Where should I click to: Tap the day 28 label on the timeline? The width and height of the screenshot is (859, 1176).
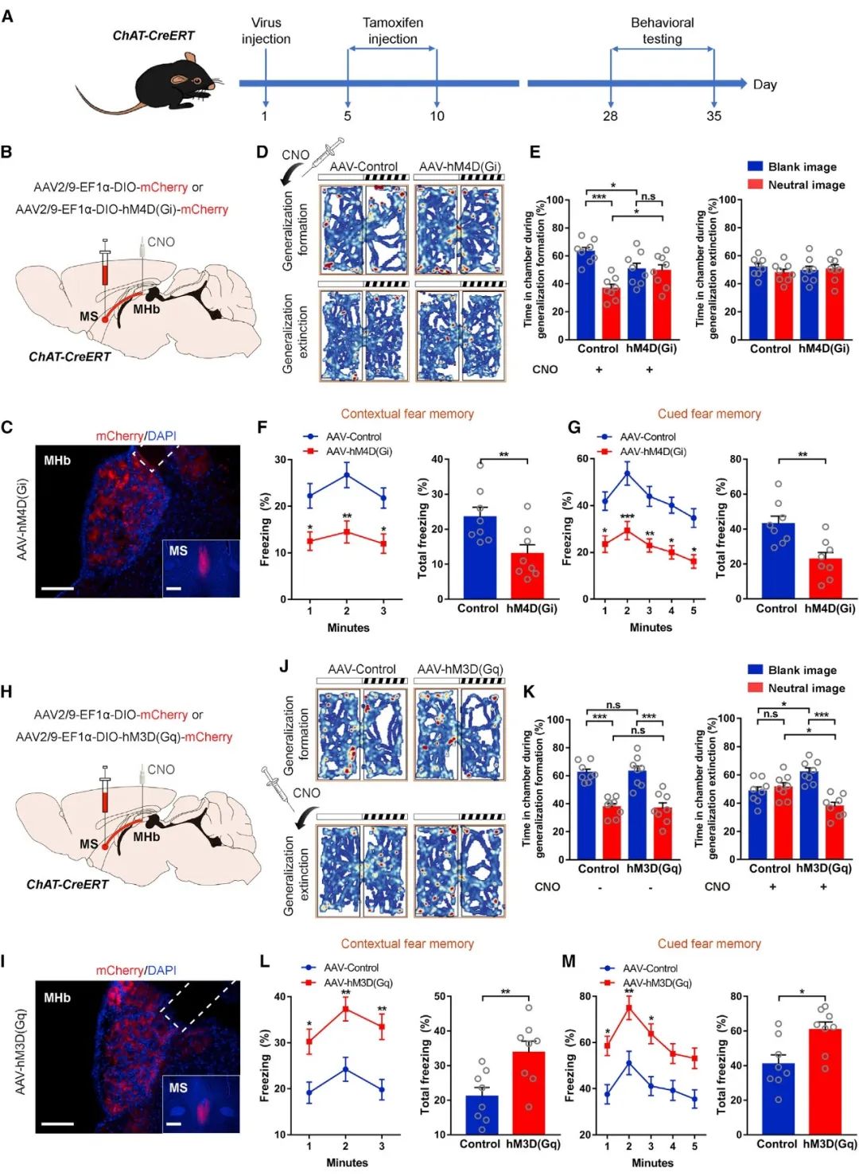point(610,116)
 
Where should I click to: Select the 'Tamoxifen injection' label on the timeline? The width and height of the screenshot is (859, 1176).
point(392,30)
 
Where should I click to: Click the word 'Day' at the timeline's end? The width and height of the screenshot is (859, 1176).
point(764,84)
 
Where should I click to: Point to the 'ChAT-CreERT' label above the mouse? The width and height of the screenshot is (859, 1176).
point(153,36)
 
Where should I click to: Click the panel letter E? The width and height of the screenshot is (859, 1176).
point(535,152)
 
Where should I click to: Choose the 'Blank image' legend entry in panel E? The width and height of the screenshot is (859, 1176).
point(802,167)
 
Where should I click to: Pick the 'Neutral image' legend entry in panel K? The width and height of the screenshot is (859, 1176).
point(806,688)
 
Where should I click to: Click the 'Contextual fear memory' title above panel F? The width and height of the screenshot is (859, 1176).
point(407,414)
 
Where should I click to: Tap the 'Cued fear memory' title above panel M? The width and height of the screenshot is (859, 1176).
point(709,944)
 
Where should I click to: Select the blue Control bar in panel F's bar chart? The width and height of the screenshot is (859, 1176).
point(480,557)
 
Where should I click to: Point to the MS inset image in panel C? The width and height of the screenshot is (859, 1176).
point(200,568)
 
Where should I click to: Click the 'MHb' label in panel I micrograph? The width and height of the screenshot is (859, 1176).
point(57,998)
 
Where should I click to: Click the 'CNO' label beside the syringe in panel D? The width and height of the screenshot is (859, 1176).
point(295,154)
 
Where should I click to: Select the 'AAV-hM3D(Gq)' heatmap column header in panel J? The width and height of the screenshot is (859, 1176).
point(460,669)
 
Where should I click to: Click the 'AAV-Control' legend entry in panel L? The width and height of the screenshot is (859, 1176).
point(351,968)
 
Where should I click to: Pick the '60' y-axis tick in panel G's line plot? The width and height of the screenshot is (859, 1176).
point(583,459)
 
